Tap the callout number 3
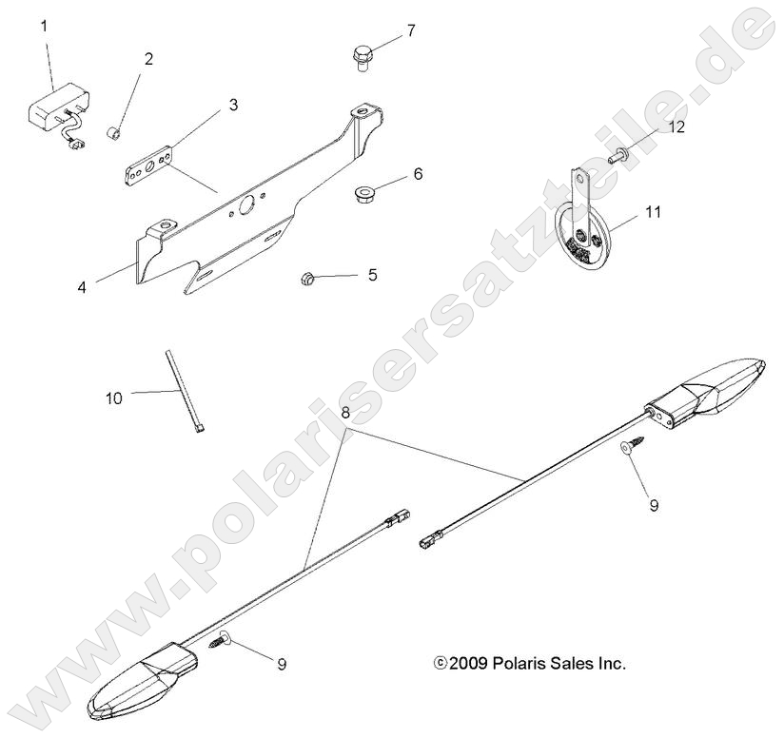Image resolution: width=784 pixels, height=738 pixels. pyautogui.click(x=233, y=106)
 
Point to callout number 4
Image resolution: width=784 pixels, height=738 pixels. pyautogui.click(x=82, y=285)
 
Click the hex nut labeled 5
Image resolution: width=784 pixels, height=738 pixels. pyautogui.click(x=306, y=278)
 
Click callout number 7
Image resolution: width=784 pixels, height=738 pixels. pyautogui.click(x=410, y=31)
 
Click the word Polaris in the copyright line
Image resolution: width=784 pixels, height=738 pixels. pyautogui.click(x=521, y=663)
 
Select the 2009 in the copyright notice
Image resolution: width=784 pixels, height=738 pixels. pyautogui.click(x=469, y=663)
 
